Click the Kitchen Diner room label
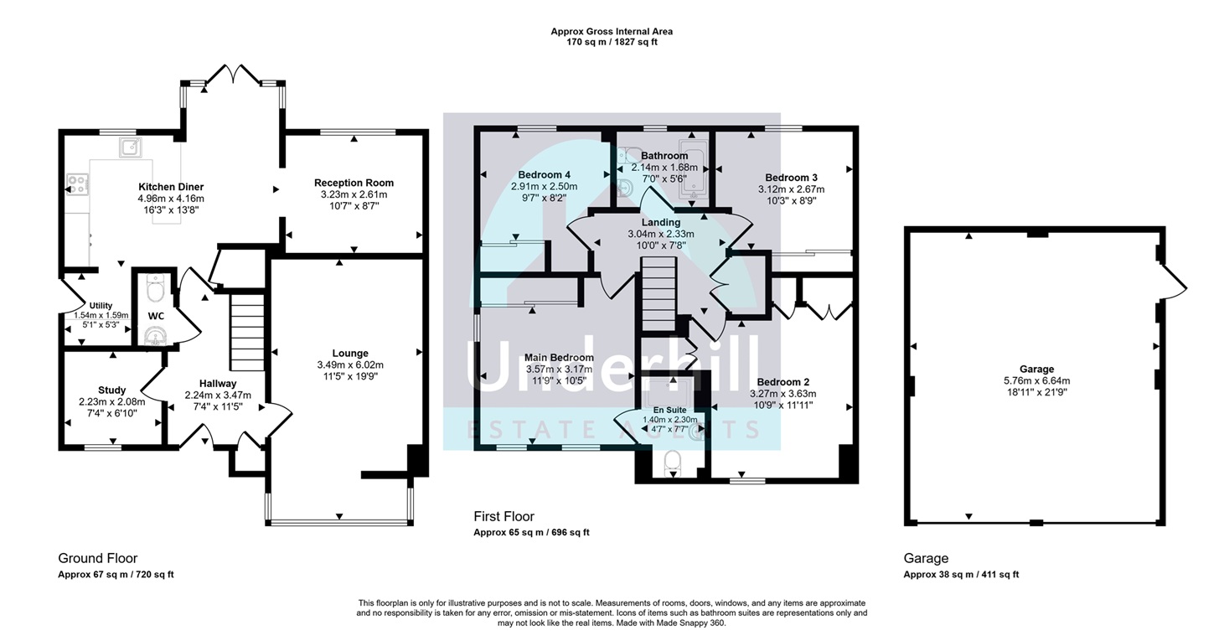[171, 187]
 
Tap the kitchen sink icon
[130, 147]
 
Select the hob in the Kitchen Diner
[77, 183]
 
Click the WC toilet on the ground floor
[156, 288]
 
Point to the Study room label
[112, 390]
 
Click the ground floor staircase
[247, 333]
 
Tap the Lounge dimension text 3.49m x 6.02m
[350, 364]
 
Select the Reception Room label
[354, 183]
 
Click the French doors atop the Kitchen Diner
[234, 75]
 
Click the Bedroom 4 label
[545, 175]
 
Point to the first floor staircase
[659, 294]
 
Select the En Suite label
[670, 410]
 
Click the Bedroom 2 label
[783, 382]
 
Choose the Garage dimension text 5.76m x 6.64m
[1037, 380]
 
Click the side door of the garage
[1174, 282]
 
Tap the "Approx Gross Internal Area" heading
[612, 32]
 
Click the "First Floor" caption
[504, 516]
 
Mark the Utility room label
[101, 306]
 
